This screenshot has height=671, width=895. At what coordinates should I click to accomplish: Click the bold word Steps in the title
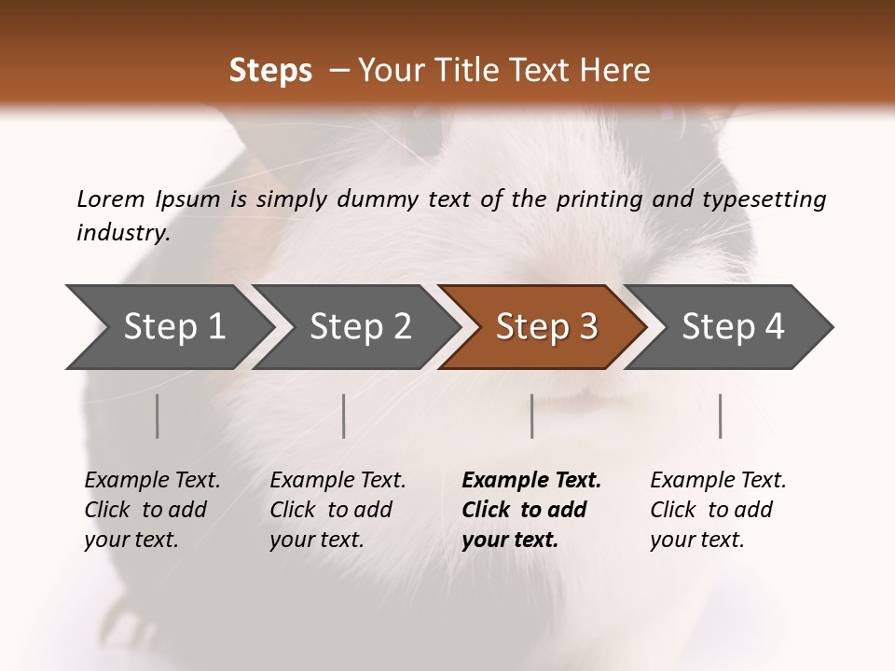click(x=270, y=71)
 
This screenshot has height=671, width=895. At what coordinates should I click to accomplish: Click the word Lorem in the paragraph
click(x=110, y=199)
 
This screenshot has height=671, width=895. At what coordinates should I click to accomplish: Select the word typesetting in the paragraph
click(x=764, y=199)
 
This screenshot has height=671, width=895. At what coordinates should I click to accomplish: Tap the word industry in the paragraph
click(x=123, y=233)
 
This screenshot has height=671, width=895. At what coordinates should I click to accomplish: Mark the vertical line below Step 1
click(x=158, y=416)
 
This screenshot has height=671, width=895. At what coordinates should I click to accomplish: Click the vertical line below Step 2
click(x=344, y=416)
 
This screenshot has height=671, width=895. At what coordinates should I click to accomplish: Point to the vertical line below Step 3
click(x=532, y=416)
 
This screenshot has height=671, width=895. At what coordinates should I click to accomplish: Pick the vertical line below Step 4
click(x=721, y=416)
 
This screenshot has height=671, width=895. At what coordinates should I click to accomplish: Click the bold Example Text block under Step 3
click(x=531, y=510)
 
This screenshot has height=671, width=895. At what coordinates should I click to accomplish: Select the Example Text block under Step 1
click(x=152, y=510)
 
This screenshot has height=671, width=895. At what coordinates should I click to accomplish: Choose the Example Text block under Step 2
click(x=337, y=510)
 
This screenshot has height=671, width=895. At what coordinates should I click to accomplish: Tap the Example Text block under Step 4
click(x=718, y=510)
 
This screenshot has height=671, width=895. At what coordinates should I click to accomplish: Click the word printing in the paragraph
click(x=596, y=199)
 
